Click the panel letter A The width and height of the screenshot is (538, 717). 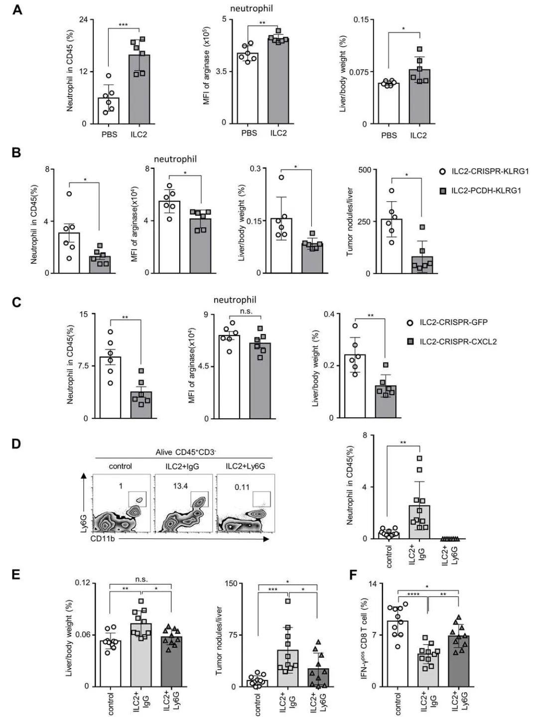coord(17,9)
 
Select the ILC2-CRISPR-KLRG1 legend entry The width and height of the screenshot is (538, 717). coord(490,171)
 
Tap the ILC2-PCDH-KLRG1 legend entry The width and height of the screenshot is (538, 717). coord(486,190)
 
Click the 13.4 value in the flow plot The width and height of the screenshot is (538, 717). coord(180,486)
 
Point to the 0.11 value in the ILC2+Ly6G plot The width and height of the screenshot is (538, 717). coord(242,486)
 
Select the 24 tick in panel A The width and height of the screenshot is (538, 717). coord(83,19)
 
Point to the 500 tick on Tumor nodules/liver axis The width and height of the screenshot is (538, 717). coord(365,170)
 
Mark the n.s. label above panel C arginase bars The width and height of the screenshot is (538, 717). coord(246,312)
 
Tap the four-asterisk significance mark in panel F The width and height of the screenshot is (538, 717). coord(412,595)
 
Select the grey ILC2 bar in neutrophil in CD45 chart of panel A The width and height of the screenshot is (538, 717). coord(139,89)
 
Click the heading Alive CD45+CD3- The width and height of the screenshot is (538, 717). coord(183,452)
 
